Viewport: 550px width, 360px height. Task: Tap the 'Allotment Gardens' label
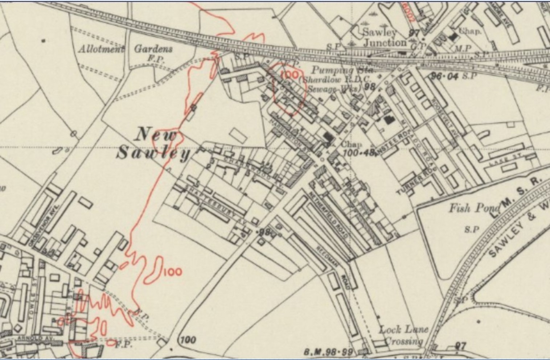coord(126,49)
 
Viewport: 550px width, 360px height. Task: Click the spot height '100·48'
coord(358,153)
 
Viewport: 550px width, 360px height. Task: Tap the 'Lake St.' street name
coord(501,161)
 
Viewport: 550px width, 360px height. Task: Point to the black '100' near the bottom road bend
coord(188,340)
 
